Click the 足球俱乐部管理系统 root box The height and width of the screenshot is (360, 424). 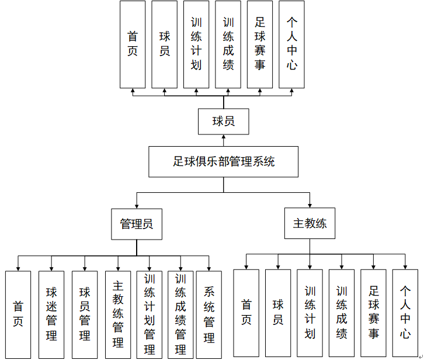click(x=224, y=161)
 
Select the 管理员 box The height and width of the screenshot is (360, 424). click(x=137, y=224)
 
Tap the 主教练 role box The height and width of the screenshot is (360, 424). click(x=310, y=223)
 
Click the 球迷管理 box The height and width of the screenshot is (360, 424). click(x=51, y=314)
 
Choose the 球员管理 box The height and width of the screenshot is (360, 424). click(x=85, y=314)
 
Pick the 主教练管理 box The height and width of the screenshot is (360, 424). click(x=118, y=314)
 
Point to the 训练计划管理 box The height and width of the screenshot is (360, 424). click(x=150, y=314)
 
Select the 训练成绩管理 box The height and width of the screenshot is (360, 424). click(x=180, y=314)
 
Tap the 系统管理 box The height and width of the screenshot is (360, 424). click(x=209, y=314)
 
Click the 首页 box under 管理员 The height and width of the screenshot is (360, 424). click(x=18, y=314)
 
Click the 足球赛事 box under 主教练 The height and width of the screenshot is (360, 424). click(x=373, y=313)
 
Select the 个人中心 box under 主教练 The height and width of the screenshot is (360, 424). click(x=405, y=313)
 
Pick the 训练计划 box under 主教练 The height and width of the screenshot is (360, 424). click(x=310, y=313)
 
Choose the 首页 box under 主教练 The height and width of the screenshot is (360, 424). click(x=246, y=313)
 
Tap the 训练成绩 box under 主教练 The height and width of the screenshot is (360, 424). click(x=342, y=313)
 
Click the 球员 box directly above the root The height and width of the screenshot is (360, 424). click(x=224, y=122)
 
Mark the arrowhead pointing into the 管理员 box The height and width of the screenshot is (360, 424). click(x=137, y=206)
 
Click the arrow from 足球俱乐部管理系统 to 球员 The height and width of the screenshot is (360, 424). click(x=224, y=141)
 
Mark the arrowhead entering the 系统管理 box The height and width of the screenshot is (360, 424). click(x=209, y=268)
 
